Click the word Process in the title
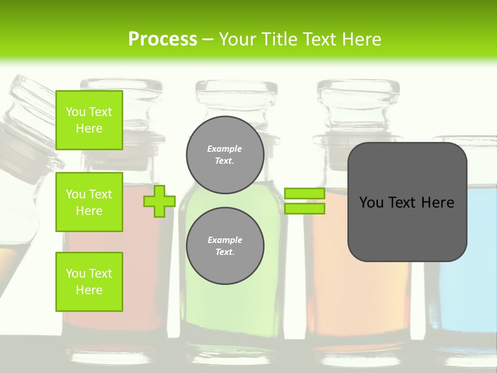click(163, 39)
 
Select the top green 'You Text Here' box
click(89, 120)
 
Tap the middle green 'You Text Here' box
click(89, 202)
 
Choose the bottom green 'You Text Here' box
click(89, 282)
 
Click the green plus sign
click(159, 201)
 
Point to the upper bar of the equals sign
click(304, 193)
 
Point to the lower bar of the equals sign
click(304, 209)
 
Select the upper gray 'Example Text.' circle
click(225, 155)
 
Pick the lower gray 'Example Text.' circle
click(225, 246)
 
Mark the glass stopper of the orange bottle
click(357, 104)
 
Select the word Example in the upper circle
click(225, 149)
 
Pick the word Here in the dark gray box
click(437, 203)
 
